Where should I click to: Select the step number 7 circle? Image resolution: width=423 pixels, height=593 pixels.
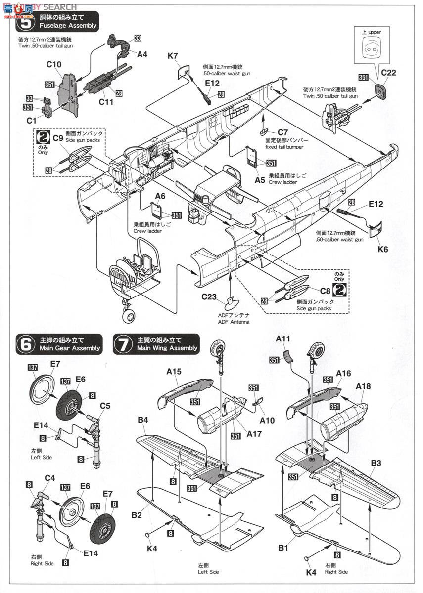pyautogui.click(x=122, y=344)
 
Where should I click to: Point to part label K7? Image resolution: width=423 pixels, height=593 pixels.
pyautogui.click(x=173, y=56)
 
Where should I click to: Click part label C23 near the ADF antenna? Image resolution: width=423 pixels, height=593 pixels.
pyautogui.click(x=209, y=297)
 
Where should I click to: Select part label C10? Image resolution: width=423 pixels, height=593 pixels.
pyautogui.click(x=53, y=64)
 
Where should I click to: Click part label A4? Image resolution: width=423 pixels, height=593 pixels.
pyautogui.click(x=142, y=55)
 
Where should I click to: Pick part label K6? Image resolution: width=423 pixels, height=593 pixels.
pyautogui.click(x=383, y=249)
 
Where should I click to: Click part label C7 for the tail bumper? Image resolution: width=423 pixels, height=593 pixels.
pyautogui.click(x=282, y=132)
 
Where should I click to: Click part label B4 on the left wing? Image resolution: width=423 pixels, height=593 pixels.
pyautogui.click(x=143, y=420)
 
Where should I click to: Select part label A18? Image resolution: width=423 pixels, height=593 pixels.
pyautogui.click(x=362, y=386)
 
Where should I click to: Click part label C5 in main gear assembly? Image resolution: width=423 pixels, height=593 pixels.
pyautogui.click(x=105, y=406)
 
